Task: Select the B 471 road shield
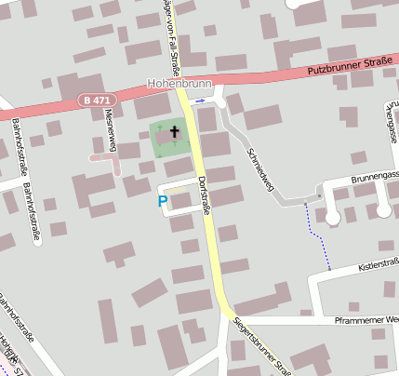click(95, 100)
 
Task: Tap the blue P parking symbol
click(163, 199)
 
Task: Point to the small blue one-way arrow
click(200, 100)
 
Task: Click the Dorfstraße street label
click(204, 195)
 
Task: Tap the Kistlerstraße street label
click(377, 268)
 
